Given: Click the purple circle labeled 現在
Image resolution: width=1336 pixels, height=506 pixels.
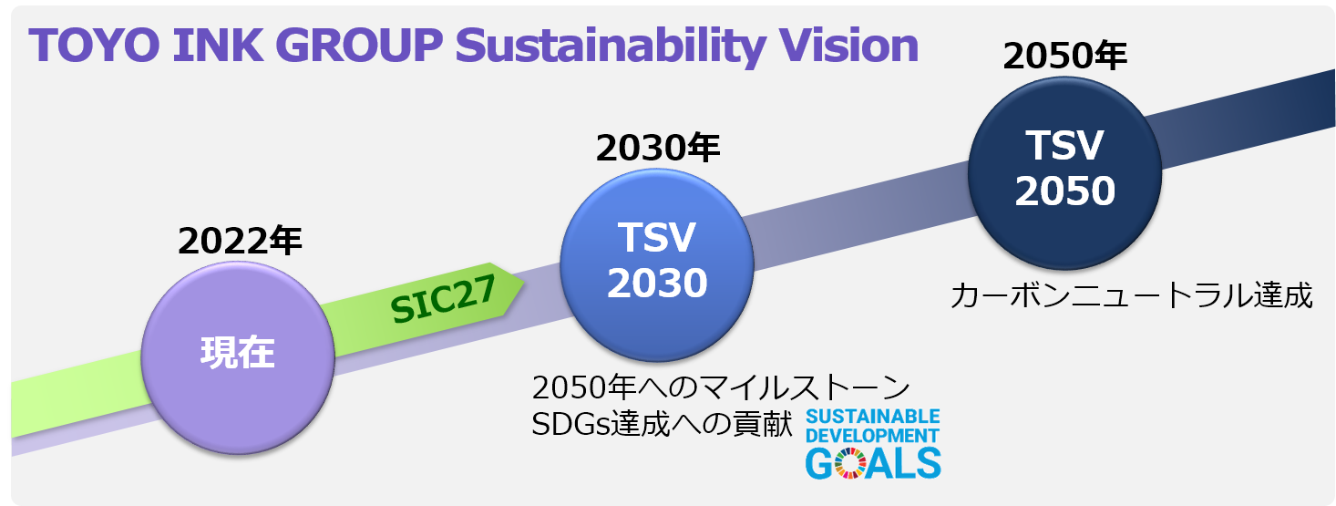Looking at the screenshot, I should (x=237, y=352).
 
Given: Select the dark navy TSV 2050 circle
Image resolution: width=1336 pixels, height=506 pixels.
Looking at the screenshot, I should (x=1064, y=168).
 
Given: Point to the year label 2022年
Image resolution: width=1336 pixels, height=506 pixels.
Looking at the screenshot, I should (x=240, y=241).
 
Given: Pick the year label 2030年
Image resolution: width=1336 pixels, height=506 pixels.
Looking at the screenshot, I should (x=658, y=147).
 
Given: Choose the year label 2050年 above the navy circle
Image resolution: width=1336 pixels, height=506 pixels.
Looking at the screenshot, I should (x=1064, y=57).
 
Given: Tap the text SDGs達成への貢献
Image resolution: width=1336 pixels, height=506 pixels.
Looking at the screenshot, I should (x=663, y=424).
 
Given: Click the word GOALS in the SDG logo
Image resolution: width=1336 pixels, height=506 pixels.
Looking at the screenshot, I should (x=872, y=462).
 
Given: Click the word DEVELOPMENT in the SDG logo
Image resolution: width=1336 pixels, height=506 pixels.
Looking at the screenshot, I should (x=872, y=435).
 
